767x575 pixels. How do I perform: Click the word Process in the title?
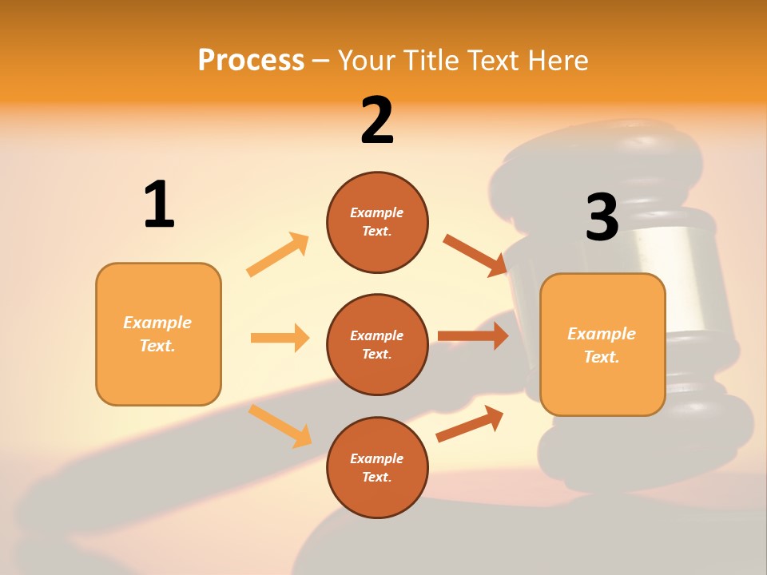coord(251,60)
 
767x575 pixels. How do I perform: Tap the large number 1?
coord(159,204)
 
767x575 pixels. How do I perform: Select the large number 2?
coord(377,121)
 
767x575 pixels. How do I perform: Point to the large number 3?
coord(602,217)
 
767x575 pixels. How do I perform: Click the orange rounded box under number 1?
coord(158,334)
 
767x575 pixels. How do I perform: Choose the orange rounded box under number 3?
coord(602,344)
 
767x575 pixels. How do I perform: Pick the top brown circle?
coord(377,222)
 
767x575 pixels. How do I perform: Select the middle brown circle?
coord(377,344)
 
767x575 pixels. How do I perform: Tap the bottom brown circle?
coord(377,467)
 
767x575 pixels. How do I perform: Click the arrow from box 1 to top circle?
coord(277,255)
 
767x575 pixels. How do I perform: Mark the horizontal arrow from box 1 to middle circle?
coord(280,338)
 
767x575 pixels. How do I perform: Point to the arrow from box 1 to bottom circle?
coord(280,426)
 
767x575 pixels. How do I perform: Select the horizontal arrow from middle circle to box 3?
coord(473,336)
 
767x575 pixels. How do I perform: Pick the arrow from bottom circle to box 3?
coord(470,423)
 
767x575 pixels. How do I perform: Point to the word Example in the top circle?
coord(376,212)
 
